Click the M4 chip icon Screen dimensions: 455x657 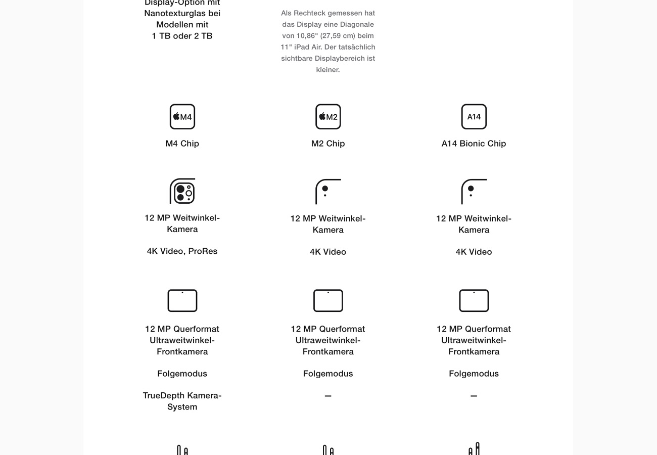coord(182,117)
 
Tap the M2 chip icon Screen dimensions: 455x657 coord(328,117)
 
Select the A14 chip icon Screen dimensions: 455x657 coord(474,117)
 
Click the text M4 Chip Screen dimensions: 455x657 coord(182,144)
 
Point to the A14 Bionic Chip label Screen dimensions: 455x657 coord(474,144)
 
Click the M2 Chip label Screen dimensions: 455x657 coord(328,144)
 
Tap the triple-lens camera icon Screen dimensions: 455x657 coord(182,191)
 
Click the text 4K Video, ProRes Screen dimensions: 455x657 coord(182,251)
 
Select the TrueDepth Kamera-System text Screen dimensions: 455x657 coord(182,401)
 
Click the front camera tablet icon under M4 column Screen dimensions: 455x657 coord(182,301)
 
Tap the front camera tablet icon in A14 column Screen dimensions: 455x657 coord(474,301)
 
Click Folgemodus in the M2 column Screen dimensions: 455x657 coord(328,374)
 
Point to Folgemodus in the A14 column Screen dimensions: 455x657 coord(474,374)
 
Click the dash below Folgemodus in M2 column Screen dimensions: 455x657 coord(328,396)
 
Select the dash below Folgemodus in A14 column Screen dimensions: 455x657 coord(474,396)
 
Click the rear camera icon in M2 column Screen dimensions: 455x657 coord(328,192)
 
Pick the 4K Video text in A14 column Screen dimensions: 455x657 coord(474,252)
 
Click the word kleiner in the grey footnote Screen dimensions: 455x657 coord(328,70)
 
